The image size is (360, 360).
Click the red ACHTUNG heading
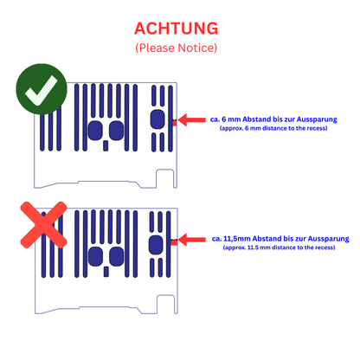click(x=176, y=29)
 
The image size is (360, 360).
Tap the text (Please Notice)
click(x=177, y=48)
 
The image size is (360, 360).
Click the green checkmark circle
click(x=42, y=89)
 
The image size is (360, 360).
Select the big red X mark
click(x=43, y=225)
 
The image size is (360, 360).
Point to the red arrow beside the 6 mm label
click(x=191, y=119)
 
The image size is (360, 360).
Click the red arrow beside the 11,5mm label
click(x=191, y=240)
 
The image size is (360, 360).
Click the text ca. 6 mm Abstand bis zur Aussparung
click(x=273, y=119)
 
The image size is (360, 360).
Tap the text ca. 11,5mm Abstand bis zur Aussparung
click(x=280, y=239)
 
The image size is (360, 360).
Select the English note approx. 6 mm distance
click(x=273, y=128)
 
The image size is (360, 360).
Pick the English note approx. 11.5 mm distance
click(x=279, y=247)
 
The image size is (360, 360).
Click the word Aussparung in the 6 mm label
click(x=317, y=119)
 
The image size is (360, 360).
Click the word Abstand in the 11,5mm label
click(x=267, y=239)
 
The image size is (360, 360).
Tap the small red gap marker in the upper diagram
click(x=175, y=123)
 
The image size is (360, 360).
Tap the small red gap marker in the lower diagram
click(x=174, y=242)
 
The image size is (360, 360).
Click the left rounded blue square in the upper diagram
click(x=95, y=131)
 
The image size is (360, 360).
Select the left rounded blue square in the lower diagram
click(x=95, y=256)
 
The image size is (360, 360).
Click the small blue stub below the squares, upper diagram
click(x=106, y=145)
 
